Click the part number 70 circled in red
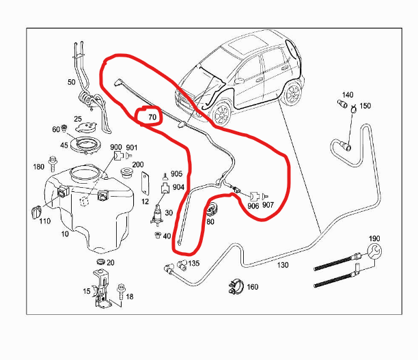click(152, 117)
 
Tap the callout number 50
click(72, 82)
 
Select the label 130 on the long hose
click(283, 265)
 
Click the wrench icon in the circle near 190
click(374, 251)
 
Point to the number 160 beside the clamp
click(253, 287)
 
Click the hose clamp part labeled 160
click(236, 286)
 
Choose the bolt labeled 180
click(53, 164)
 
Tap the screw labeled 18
click(120, 292)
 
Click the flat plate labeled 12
click(145, 184)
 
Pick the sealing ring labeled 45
click(85, 145)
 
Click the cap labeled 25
click(86, 127)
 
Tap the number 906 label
click(253, 206)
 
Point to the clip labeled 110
click(36, 212)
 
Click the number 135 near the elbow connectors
click(194, 264)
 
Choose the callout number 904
click(178, 187)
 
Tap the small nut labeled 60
click(64, 128)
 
